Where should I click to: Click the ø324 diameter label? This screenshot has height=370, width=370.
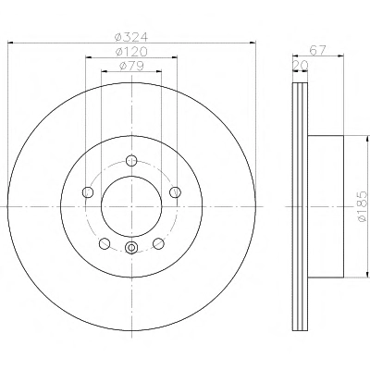[x=131, y=37]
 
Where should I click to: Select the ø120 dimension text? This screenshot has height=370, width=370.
[x=131, y=52]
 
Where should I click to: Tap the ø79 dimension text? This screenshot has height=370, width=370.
[x=131, y=66]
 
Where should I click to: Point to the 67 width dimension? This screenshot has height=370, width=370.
[x=317, y=50]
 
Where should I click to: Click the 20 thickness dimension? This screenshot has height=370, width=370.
[x=301, y=65]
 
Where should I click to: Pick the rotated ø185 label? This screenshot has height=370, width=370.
[x=362, y=206]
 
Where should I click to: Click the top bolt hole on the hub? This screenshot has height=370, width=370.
[x=131, y=160]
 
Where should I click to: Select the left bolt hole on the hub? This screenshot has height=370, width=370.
[x=88, y=192]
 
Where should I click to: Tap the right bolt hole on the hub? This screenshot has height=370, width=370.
[x=176, y=192]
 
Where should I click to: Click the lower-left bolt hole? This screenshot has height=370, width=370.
[x=105, y=243]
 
